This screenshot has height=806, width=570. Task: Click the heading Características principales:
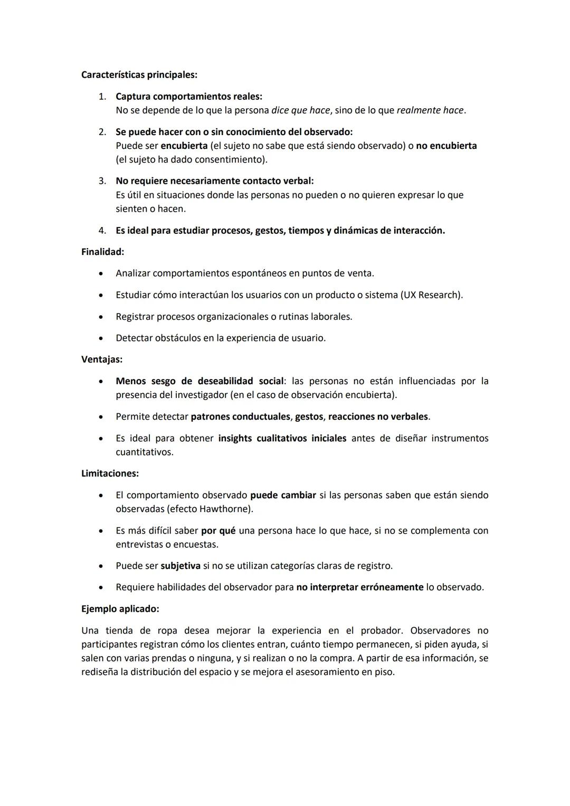(x=139, y=75)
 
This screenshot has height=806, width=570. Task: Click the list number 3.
(x=102, y=181)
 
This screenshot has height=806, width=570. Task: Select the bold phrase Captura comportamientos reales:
(x=188, y=97)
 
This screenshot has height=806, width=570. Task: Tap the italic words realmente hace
(x=430, y=110)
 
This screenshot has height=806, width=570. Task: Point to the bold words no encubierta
(x=446, y=146)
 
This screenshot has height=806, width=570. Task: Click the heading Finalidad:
(x=102, y=252)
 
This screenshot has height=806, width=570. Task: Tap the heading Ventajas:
(x=101, y=359)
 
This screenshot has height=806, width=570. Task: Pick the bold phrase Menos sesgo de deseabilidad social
(x=199, y=381)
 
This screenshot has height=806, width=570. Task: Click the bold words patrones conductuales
(x=240, y=416)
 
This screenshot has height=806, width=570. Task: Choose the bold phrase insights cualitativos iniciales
(x=282, y=438)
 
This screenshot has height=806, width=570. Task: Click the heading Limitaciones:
(x=110, y=473)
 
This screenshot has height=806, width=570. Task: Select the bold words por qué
(x=218, y=530)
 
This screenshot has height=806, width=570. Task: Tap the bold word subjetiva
(x=180, y=566)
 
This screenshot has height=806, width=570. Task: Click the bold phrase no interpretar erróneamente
(x=359, y=587)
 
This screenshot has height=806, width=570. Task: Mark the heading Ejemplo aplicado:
(x=120, y=609)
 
